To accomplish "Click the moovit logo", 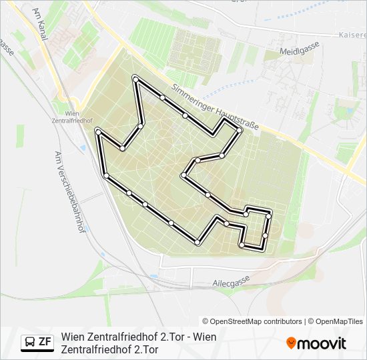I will click(x=316, y=343).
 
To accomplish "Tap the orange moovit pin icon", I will click(x=291, y=343).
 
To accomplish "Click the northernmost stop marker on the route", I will click(x=135, y=79).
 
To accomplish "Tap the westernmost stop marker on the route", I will click(x=98, y=133).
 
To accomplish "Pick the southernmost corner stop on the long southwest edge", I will click(x=198, y=243).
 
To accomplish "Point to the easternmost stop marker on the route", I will click(x=269, y=216).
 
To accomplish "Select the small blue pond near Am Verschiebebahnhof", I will click(x=81, y=146).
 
